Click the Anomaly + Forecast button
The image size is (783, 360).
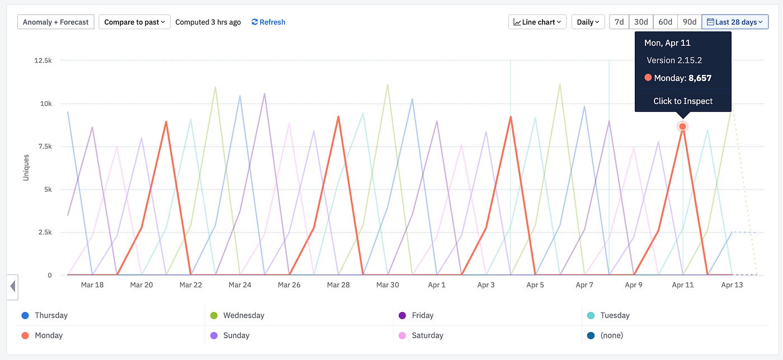pos(56,22)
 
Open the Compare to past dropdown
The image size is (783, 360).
pos(135,22)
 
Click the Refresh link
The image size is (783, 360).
pos(268,22)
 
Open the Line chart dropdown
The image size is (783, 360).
pos(537,22)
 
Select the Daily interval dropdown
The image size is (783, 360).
pos(588,22)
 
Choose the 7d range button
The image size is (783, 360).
pos(619,22)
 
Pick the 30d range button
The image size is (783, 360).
pos(641,22)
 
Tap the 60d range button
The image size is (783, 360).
pos(666,22)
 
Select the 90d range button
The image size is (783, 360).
pos(690,22)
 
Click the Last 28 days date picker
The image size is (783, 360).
pos(735,22)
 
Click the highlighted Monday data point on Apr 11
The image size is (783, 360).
pos(683,127)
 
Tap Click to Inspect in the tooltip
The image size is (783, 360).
pos(683,101)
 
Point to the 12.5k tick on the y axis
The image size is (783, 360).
pos(43,60)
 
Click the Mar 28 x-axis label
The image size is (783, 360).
pos(338,285)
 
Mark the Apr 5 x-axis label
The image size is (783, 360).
pos(535,285)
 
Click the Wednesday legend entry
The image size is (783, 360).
pos(243,315)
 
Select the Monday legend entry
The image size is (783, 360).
pos(48,335)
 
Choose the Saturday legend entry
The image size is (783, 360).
pos(427,335)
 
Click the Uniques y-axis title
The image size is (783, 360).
pos(26,168)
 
